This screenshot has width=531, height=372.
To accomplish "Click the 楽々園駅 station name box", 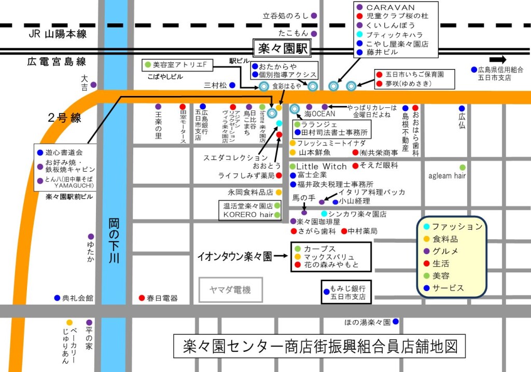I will point(281,49).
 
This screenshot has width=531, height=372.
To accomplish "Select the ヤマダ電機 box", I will point(230,290).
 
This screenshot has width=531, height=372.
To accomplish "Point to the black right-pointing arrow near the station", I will point(497,59).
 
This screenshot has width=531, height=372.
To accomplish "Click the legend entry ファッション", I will point(457,227).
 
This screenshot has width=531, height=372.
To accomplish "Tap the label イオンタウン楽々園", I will point(234,256).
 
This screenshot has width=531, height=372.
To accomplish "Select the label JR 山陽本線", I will point(58,34).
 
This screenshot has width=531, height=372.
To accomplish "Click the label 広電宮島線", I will point(57,62).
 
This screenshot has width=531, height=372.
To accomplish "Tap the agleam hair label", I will point(446,176).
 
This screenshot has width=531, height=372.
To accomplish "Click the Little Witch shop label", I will point(321,166).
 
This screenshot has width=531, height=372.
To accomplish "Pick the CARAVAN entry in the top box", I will point(390,7).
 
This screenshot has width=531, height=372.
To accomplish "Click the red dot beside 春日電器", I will point(142,298).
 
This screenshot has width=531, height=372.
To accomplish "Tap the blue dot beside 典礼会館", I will point(57,298).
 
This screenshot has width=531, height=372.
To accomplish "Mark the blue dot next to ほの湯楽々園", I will point(396,322).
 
